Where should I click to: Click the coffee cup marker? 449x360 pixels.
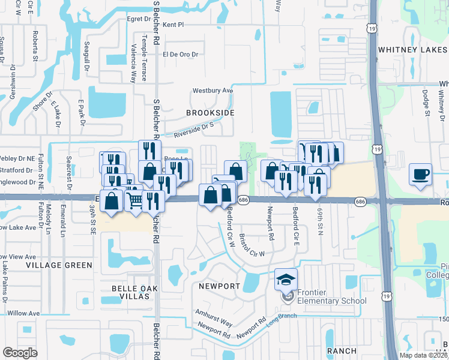pyautogui.click(x=420, y=175)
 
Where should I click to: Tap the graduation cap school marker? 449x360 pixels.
pyautogui.click(x=286, y=280)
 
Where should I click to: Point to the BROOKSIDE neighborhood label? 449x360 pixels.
pyautogui.click(x=209, y=112)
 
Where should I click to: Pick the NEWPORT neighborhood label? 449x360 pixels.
pyautogui.click(x=217, y=286)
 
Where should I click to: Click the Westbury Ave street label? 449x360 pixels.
pyautogui.click(x=212, y=91)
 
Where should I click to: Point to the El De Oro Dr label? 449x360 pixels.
pyautogui.click(x=180, y=54)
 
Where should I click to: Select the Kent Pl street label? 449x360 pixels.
pyautogui.click(x=173, y=25)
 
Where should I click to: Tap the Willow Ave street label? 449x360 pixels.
pyautogui.click(x=23, y=313)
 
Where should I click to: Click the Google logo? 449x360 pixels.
pyautogui.click(x=20, y=352)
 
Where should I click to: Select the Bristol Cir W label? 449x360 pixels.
pyautogui.click(x=252, y=245)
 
